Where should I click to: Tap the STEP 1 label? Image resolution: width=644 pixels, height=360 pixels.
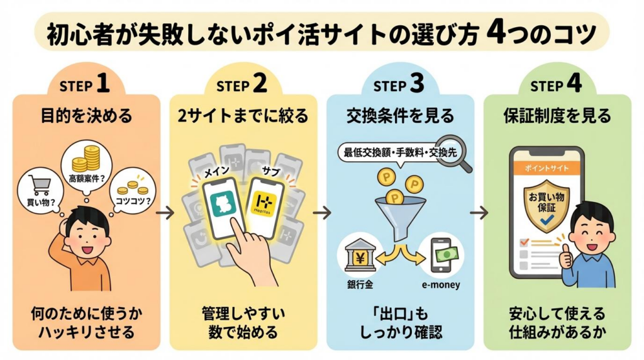[86, 84]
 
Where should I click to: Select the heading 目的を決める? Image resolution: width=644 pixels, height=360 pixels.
[86, 116]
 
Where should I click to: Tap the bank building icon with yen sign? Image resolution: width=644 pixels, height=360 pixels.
[359, 254]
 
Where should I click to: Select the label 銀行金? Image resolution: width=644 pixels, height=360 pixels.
[359, 284]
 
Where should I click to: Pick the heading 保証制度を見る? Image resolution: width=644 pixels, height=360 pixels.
[557, 116]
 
